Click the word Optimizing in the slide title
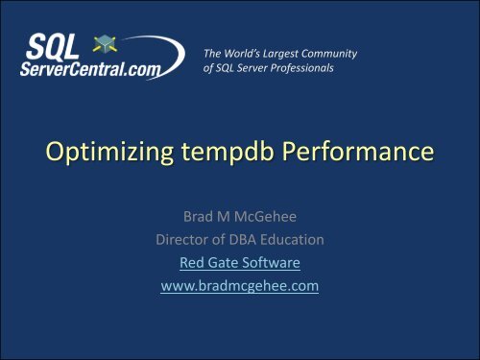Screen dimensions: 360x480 point(102,153)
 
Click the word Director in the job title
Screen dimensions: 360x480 point(184,240)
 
